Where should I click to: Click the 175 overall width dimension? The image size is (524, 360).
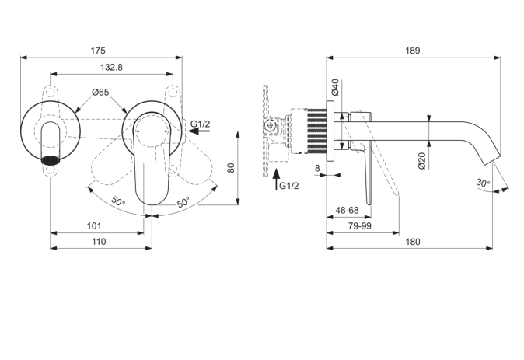click(x=98, y=51)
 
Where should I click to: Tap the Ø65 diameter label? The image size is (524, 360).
click(x=100, y=92)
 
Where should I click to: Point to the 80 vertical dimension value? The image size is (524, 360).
click(x=230, y=167)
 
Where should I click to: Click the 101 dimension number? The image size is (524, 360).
click(x=94, y=226)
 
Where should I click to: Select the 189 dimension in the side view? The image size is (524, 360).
click(x=412, y=51)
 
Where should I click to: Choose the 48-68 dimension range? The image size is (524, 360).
click(x=346, y=211)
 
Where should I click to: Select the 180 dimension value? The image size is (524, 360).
click(x=412, y=242)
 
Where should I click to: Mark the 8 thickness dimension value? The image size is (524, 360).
click(x=318, y=167)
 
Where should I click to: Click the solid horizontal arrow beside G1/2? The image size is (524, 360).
click(x=201, y=132)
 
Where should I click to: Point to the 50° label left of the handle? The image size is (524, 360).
click(x=117, y=201)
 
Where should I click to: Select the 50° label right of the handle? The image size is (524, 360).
click(x=183, y=203)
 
